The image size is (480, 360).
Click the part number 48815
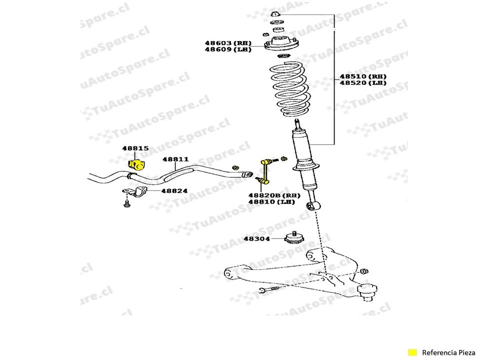pos(135,148)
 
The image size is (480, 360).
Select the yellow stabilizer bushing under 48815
pos(135,164)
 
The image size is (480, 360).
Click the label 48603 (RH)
pos(227,43)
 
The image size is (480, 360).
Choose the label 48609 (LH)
pos(227,49)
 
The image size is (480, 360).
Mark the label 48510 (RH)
pos(363,76)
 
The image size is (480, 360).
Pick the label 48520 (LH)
pos(363,83)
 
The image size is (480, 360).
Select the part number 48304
pos(256,239)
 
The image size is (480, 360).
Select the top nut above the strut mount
pos(274,13)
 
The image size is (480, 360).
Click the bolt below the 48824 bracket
pos(126,203)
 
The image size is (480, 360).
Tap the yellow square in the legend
pos(412,352)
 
